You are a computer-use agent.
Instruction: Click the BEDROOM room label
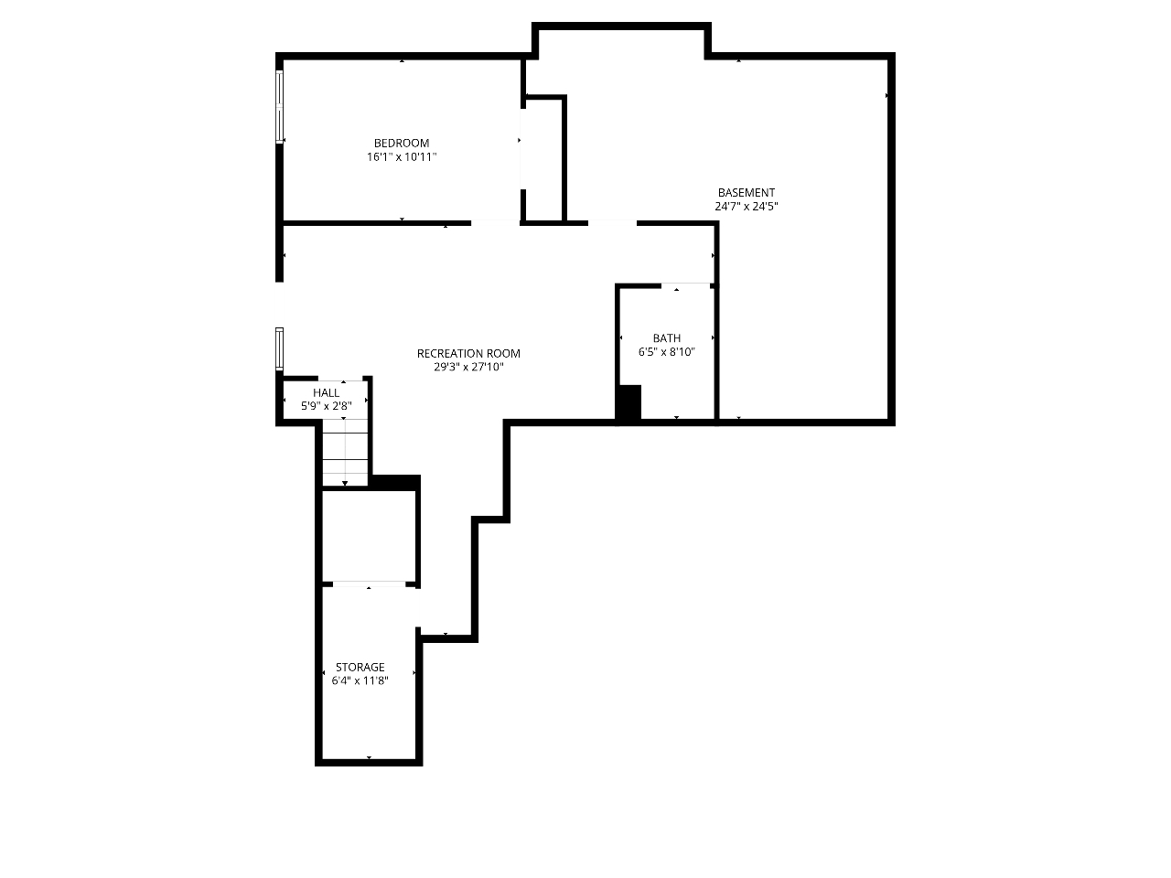point(402,143)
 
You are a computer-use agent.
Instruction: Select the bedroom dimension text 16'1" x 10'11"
point(402,156)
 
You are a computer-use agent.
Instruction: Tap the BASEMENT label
point(746,192)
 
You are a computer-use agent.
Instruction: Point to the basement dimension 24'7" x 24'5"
point(746,207)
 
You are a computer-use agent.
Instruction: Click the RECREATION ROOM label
point(468,353)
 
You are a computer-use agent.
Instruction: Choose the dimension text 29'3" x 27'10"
point(468,367)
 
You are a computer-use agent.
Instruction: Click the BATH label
point(666,338)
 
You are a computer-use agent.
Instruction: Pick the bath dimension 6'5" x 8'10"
point(666,352)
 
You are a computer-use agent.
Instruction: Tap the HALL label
point(326,393)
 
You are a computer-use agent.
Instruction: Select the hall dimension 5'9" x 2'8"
point(326,406)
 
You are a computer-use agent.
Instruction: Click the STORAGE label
point(360,667)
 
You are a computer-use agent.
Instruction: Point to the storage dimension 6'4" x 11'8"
point(360,680)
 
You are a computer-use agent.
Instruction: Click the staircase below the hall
point(345,452)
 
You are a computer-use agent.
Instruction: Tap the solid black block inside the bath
point(629,402)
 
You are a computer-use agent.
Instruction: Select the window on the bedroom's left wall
point(279,107)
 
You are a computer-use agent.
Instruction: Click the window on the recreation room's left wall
point(279,348)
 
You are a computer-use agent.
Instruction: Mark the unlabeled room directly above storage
point(369,536)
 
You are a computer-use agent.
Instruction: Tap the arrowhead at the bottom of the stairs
point(345,483)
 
